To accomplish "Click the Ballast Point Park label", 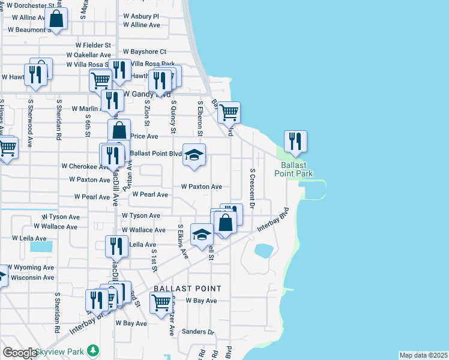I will (x=291, y=169).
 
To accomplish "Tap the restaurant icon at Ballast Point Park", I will (x=295, y=142).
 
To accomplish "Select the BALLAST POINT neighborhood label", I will (x=179, y=289).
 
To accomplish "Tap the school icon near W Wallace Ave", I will (x=202, y=234).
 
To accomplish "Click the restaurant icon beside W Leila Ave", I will (x=116, y=246).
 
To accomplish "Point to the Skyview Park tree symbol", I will (x=92, y=350).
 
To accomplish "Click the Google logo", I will (x=20, y=353).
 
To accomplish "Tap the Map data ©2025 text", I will (x=423, y=355).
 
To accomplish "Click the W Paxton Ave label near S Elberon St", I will (x=202, y=187).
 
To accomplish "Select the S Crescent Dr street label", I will (x=253, y=188).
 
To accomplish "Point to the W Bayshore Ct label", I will (x=144, y=52).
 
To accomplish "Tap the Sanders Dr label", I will (x=198, y=332).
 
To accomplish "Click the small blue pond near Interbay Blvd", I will (x=263, y=251).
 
